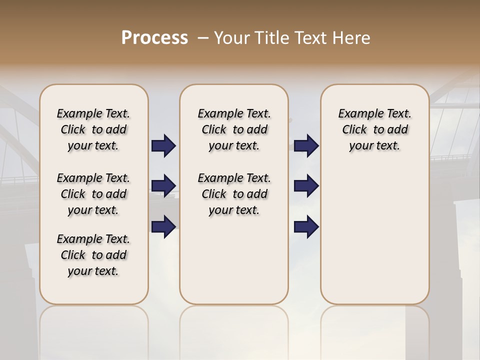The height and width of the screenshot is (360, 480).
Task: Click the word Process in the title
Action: [x=154, y=38]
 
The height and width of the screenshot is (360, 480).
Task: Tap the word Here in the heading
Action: [x=352, y=38]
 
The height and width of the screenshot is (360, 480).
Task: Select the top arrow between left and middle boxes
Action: [x=163, y=145]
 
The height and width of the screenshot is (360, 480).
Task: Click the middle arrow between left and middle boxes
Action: [x=163, y=186]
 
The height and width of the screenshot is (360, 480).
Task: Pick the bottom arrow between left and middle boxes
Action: [x=163, y=226]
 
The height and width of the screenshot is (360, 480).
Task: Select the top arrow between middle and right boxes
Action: [x=306, y=145]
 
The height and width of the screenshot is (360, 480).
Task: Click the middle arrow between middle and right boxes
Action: [x=306, y=186]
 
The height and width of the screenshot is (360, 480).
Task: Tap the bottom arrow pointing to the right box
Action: [x=306, y=227]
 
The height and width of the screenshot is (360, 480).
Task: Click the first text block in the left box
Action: [x=93, y=129]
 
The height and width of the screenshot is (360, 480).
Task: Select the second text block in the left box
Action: [x=93, y=194]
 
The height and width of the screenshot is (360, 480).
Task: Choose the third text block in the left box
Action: [x=93, y=255]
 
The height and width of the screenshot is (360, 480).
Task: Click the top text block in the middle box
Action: [x=234, y=129]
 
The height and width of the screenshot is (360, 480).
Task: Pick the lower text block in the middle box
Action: [x=234, y=194]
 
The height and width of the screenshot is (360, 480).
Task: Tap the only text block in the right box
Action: [x=374, y=129]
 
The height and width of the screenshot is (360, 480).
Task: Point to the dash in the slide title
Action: [x=203, y=38]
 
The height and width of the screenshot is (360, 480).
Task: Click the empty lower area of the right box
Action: [x=374, y=240]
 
